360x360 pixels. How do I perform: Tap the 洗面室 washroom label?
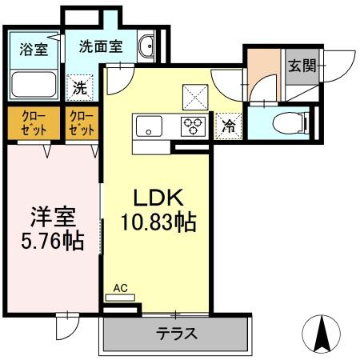click(x=100, y=46)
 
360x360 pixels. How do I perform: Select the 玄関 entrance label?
click(x=301, y=65)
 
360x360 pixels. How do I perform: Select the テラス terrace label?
click(x=177, y=334)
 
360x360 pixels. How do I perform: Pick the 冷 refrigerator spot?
click(x=227, y=126)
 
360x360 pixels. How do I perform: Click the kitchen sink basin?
click(x=149, y=125)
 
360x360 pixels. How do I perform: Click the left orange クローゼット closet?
click(x=32, y=123)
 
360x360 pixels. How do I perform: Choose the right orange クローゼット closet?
click(x=82, y=123)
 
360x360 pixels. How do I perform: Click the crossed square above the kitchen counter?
click(x=195, y=95)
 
